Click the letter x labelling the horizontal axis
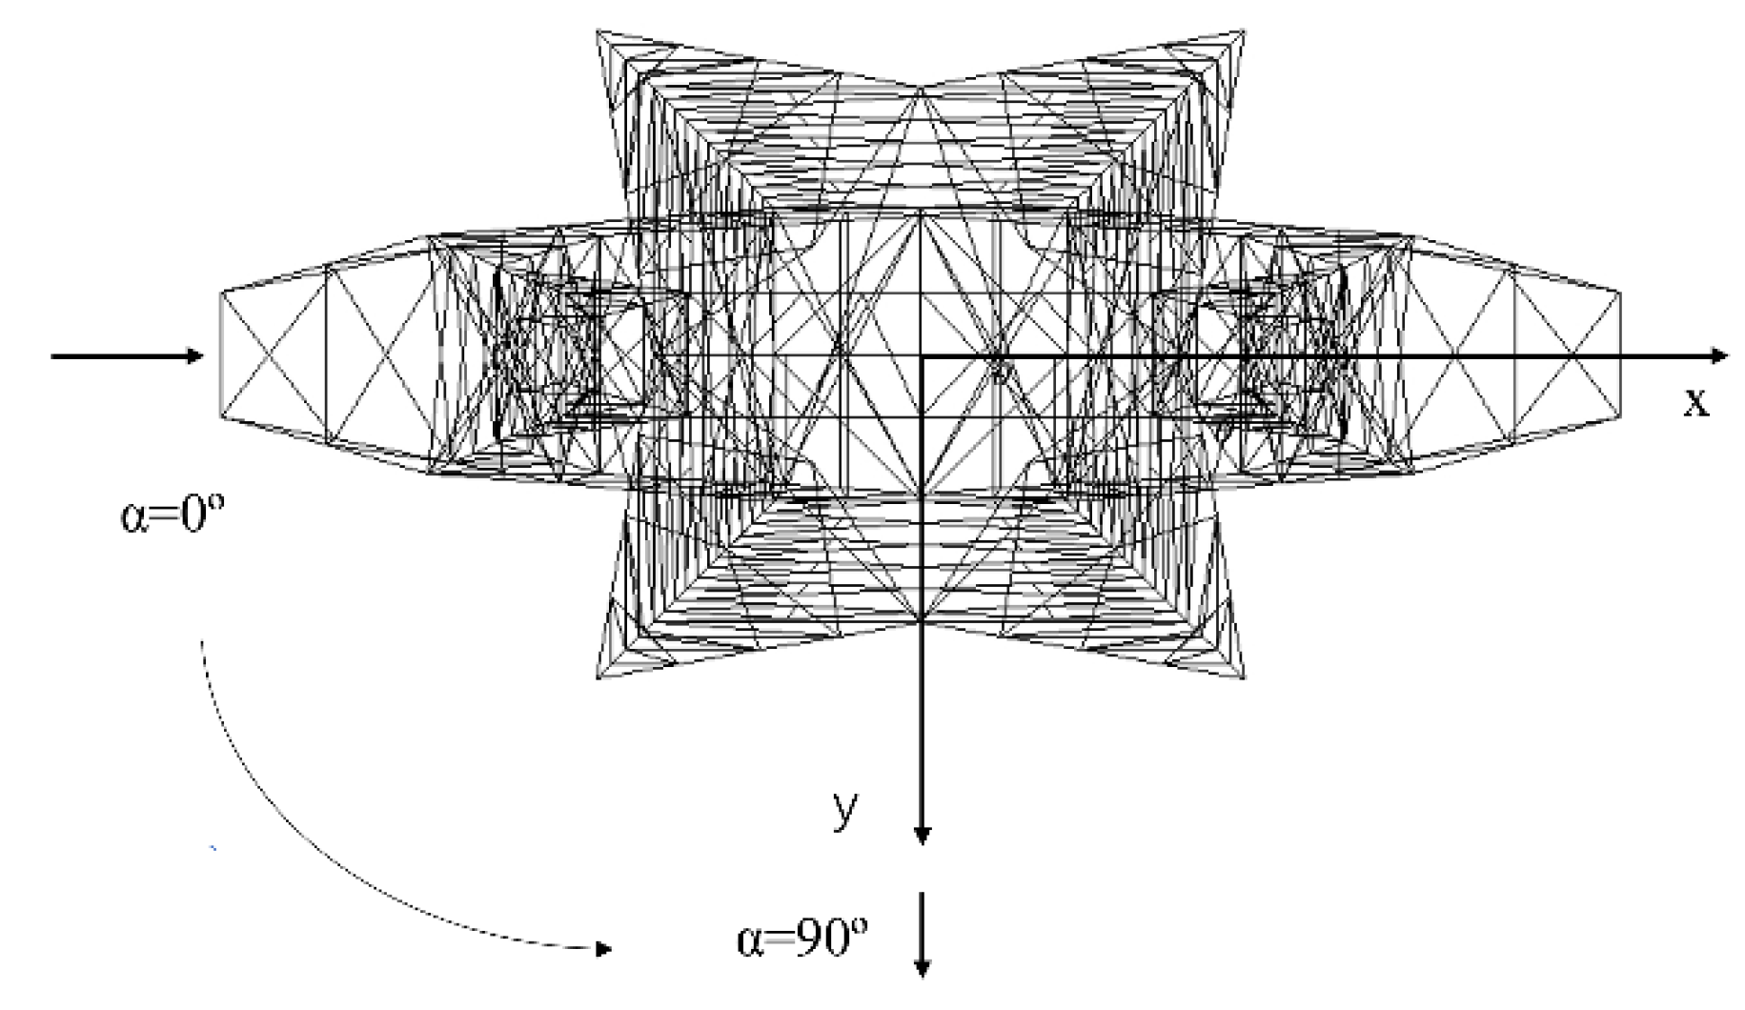[x=1695, y=403]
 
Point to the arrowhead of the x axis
[x=1719, y=356]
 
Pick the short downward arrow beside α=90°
[x=922, y=935]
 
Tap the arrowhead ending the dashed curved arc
[x=602, y=949]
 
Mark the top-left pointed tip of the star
[x=599, y=32]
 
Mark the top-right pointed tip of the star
[x=1244, y=32]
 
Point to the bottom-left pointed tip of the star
[x=599, y=677]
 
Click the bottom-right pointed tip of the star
[x=1244, y=677]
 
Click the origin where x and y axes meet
[x=922, y=356]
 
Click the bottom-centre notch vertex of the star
[x=922, y=621]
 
